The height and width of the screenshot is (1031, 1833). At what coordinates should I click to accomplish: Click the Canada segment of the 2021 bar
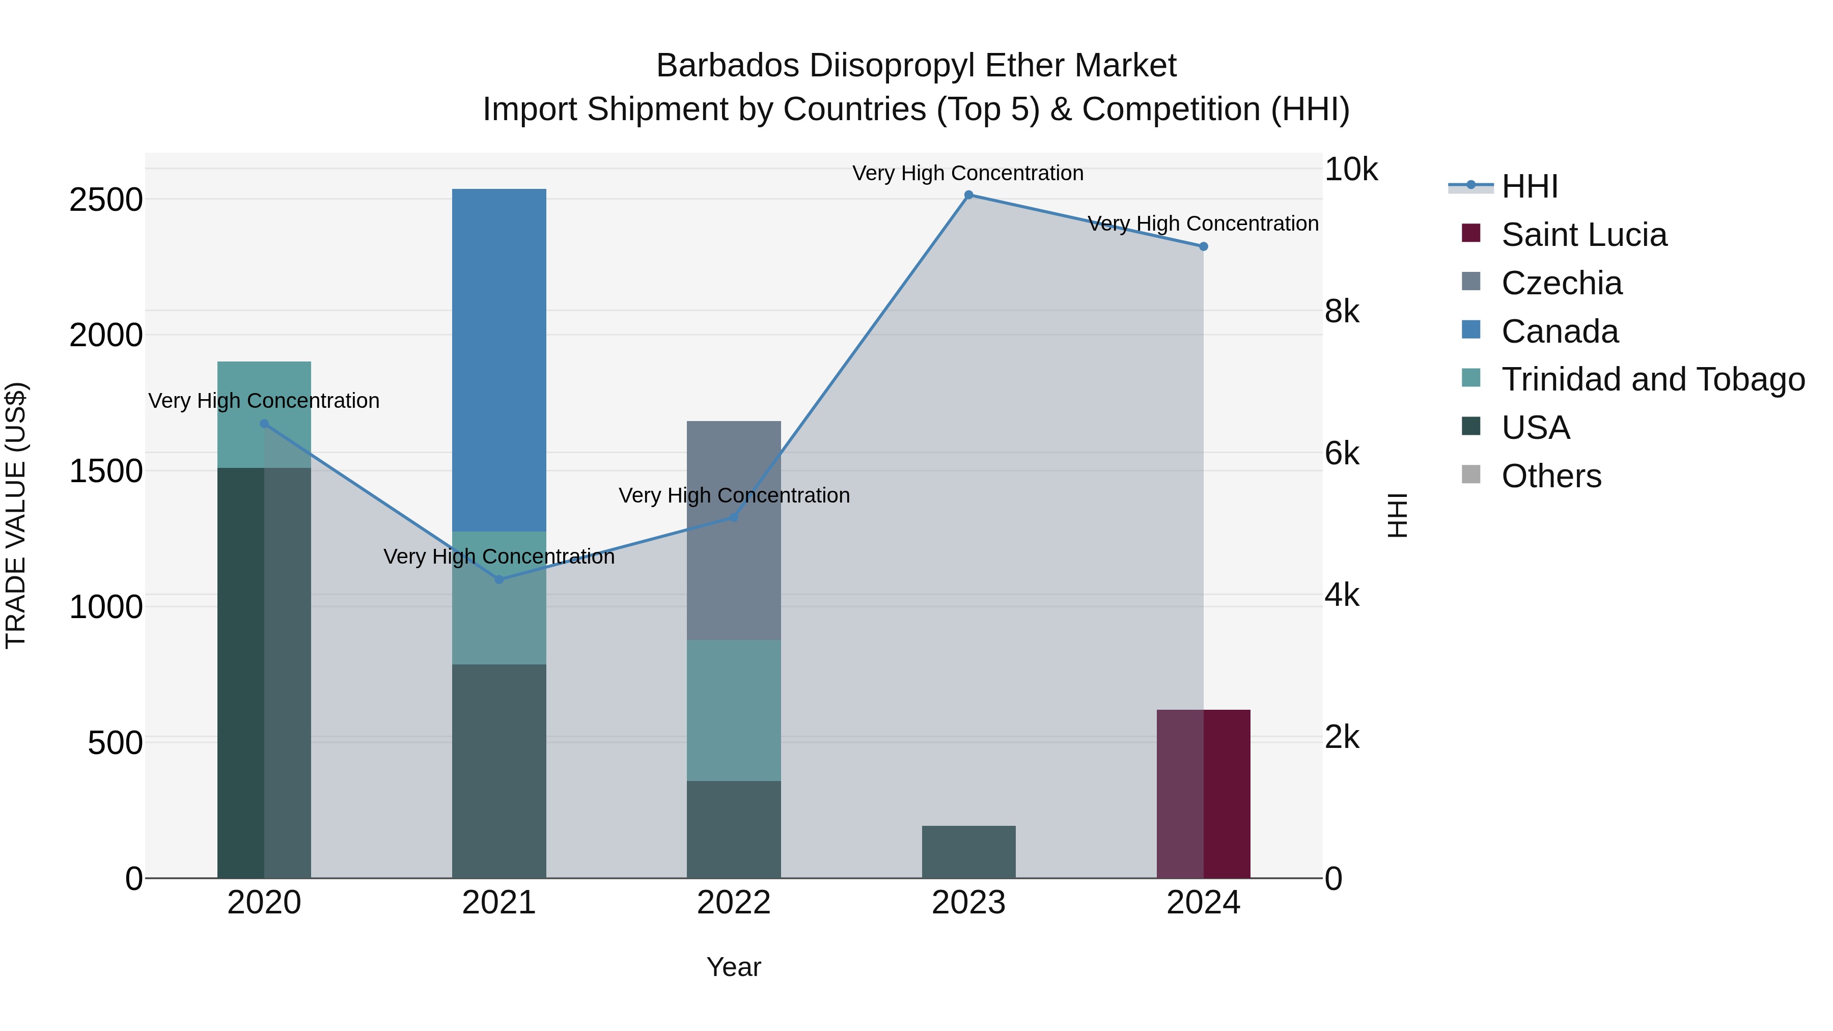tap(499, 359)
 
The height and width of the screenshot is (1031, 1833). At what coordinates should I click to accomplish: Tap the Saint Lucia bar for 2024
tap(1203, 793)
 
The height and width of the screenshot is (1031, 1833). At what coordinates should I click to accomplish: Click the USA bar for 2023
tap(968, 852)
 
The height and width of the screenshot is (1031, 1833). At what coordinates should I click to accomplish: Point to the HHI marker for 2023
tap(968, 195)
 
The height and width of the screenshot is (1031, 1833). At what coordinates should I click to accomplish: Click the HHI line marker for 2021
tap(499, 579)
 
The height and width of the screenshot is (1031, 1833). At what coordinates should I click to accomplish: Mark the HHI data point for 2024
tap(1203, 246)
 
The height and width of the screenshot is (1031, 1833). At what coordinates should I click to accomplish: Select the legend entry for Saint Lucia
tap(1583, 235)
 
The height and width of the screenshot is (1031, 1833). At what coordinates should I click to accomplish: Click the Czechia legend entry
tap(1561, 283)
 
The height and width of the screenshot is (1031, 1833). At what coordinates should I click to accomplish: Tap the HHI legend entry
tap(1529, 186)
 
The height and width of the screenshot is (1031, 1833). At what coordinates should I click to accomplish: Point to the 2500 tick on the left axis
tap(105, 200)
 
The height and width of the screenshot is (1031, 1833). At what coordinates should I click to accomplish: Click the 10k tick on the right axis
tap(1350, 170)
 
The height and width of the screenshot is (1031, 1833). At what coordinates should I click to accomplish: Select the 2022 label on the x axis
tap(734, 903)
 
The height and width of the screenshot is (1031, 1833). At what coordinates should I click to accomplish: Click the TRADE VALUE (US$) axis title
tap(16, 515)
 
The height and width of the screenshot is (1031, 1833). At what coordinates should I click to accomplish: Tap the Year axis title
tap(734, 967)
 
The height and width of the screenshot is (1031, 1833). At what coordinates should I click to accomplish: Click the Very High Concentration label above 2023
tap(968, 173)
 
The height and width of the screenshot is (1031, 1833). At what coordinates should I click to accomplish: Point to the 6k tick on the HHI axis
tap(1341, 453)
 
